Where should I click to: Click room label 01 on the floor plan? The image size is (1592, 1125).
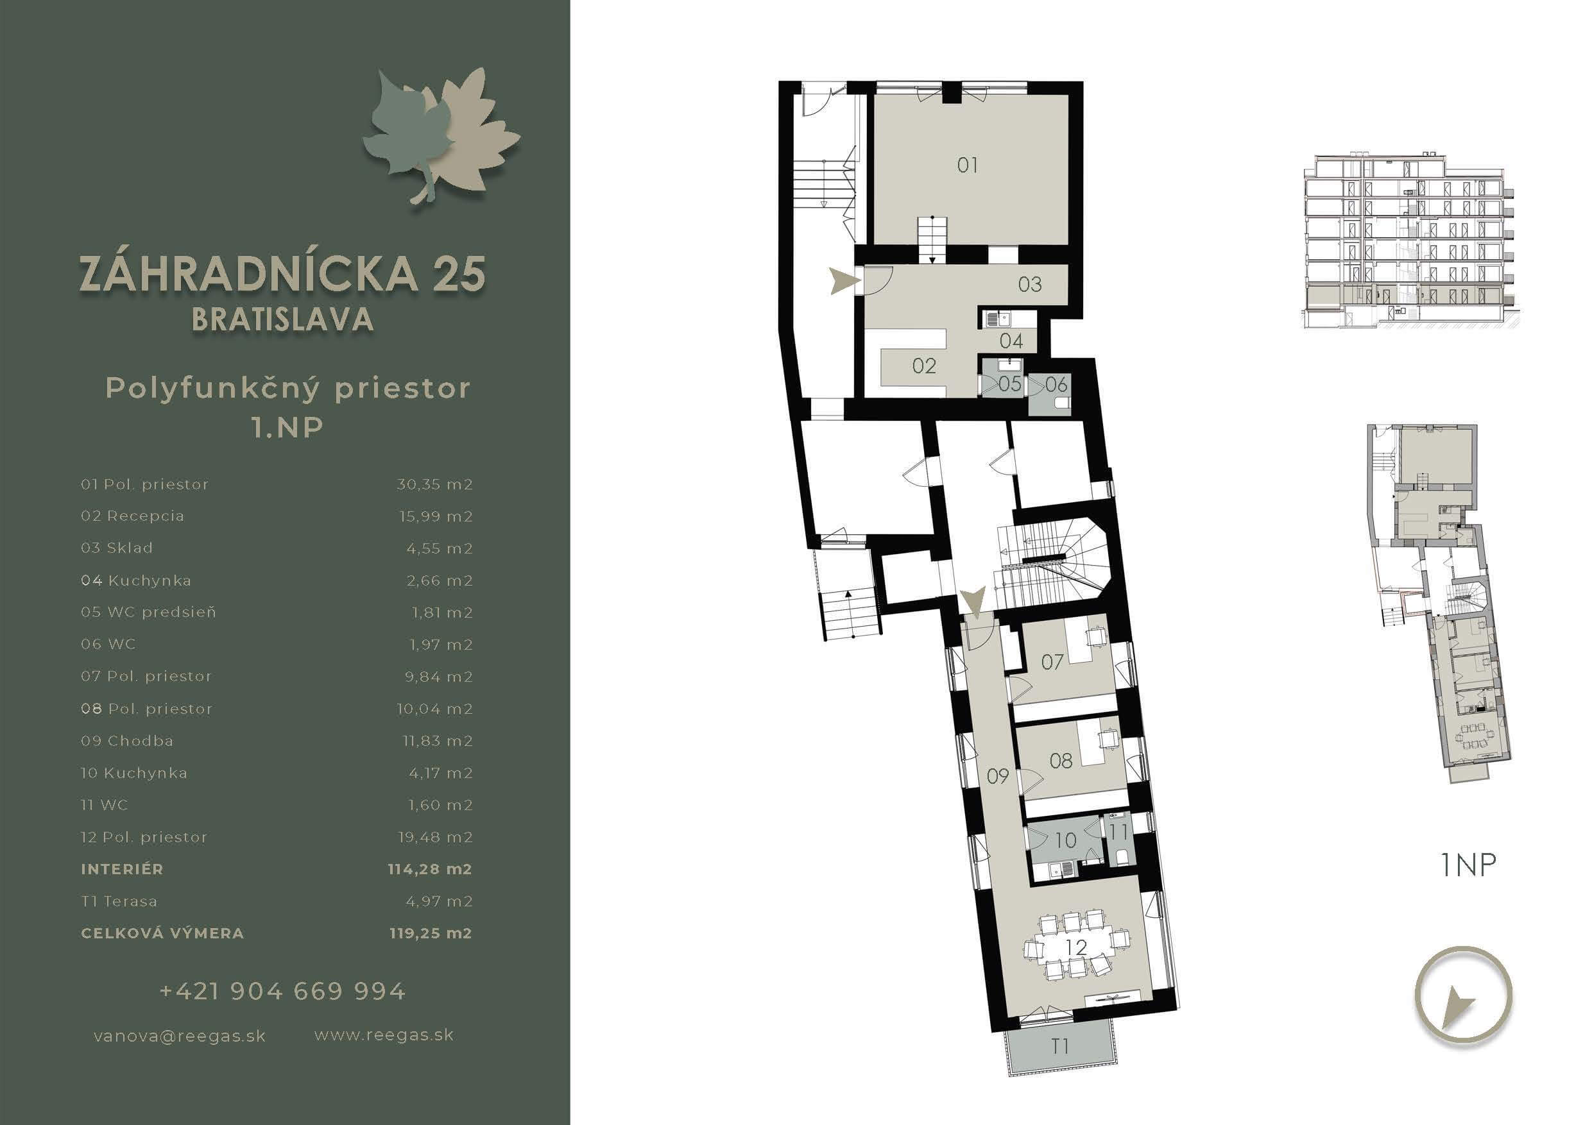(967, 165)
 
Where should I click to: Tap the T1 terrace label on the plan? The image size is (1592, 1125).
(1059, 1046)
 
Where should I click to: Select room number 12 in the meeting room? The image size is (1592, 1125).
(1076, 947)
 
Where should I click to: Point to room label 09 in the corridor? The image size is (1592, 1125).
(997, 775)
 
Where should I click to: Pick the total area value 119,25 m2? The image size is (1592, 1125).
(431, 933)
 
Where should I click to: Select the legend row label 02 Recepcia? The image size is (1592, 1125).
(132, 516)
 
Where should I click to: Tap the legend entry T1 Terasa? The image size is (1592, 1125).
(119, 901)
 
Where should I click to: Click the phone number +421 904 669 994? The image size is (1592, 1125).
(282, 991)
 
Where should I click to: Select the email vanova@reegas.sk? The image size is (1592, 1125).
(180, 1036)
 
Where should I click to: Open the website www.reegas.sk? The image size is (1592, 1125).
(384, 1036)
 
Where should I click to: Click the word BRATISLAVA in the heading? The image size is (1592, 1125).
(282, 319)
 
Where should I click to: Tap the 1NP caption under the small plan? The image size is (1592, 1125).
(1468, 865)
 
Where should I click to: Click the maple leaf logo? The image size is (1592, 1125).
(441, 135)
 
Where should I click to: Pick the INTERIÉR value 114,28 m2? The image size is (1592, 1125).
(430, 869)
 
